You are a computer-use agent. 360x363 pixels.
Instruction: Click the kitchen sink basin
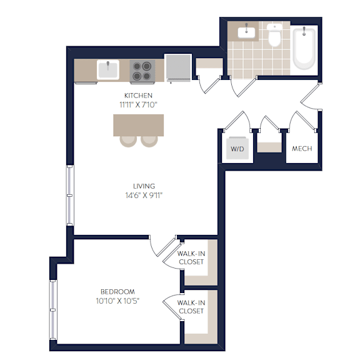tap(108, 70)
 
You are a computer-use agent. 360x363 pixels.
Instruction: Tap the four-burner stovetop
tap(142, 71)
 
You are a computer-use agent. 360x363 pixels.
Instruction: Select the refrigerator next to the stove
tap(178, 68)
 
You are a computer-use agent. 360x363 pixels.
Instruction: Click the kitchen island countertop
tap(139, 125)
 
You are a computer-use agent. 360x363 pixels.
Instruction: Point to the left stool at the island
tap(128, 141)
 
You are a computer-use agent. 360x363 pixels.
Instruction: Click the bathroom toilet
tap(274, 35)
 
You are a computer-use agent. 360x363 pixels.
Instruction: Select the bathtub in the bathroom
tap(304, 49)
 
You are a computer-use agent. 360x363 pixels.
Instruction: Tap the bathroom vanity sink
tap(246, 32)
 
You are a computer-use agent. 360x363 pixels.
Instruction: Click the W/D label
tap(237, 149)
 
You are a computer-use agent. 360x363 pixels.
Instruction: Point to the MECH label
tap(302, 149)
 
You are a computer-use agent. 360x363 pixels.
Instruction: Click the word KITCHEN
tap(138, 96)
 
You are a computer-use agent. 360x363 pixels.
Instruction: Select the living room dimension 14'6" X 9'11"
tap(144, 196)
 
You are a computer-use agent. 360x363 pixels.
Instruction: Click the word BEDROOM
tap(117, 292)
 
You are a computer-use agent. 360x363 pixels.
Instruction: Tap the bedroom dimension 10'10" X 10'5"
tap(117, 301)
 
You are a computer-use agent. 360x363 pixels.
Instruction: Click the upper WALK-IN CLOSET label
tap(191, 257)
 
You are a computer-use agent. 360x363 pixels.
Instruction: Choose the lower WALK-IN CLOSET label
tap(191, 307)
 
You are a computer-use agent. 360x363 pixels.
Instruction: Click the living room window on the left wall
tap(69, 196)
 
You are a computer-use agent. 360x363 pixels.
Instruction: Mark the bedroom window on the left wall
tap(53, 310)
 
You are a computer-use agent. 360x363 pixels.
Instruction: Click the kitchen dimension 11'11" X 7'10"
tap(138, 105)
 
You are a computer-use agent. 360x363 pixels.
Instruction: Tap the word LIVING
tap(144, 186)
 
